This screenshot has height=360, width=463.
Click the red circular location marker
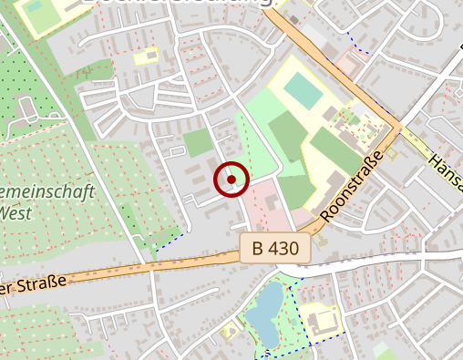pyautogui.click(x=231, y=179)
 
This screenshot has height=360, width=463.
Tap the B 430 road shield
pyautogui.click(x=276, y=248)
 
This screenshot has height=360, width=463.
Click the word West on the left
pyautogui.click(x=17, y=212)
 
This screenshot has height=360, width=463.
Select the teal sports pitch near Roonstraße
pyautogui.click(x=303, y=89)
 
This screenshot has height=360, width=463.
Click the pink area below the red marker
pyautogui.click(x=264, y=208)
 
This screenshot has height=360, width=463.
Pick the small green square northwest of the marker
pyautogui.click(x=198, y=142)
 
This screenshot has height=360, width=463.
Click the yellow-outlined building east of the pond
pyautogui.click(x=321, y=320)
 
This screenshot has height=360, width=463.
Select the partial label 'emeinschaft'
pyautogui.click(x=41, y=193)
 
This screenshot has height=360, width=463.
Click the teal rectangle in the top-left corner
pyautogui.click(x=35, y=6)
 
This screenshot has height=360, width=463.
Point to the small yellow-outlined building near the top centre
pyautogui.click(x=146, y=57)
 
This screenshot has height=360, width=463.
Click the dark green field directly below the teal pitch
pyautogui.click(x=289, y=137)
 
